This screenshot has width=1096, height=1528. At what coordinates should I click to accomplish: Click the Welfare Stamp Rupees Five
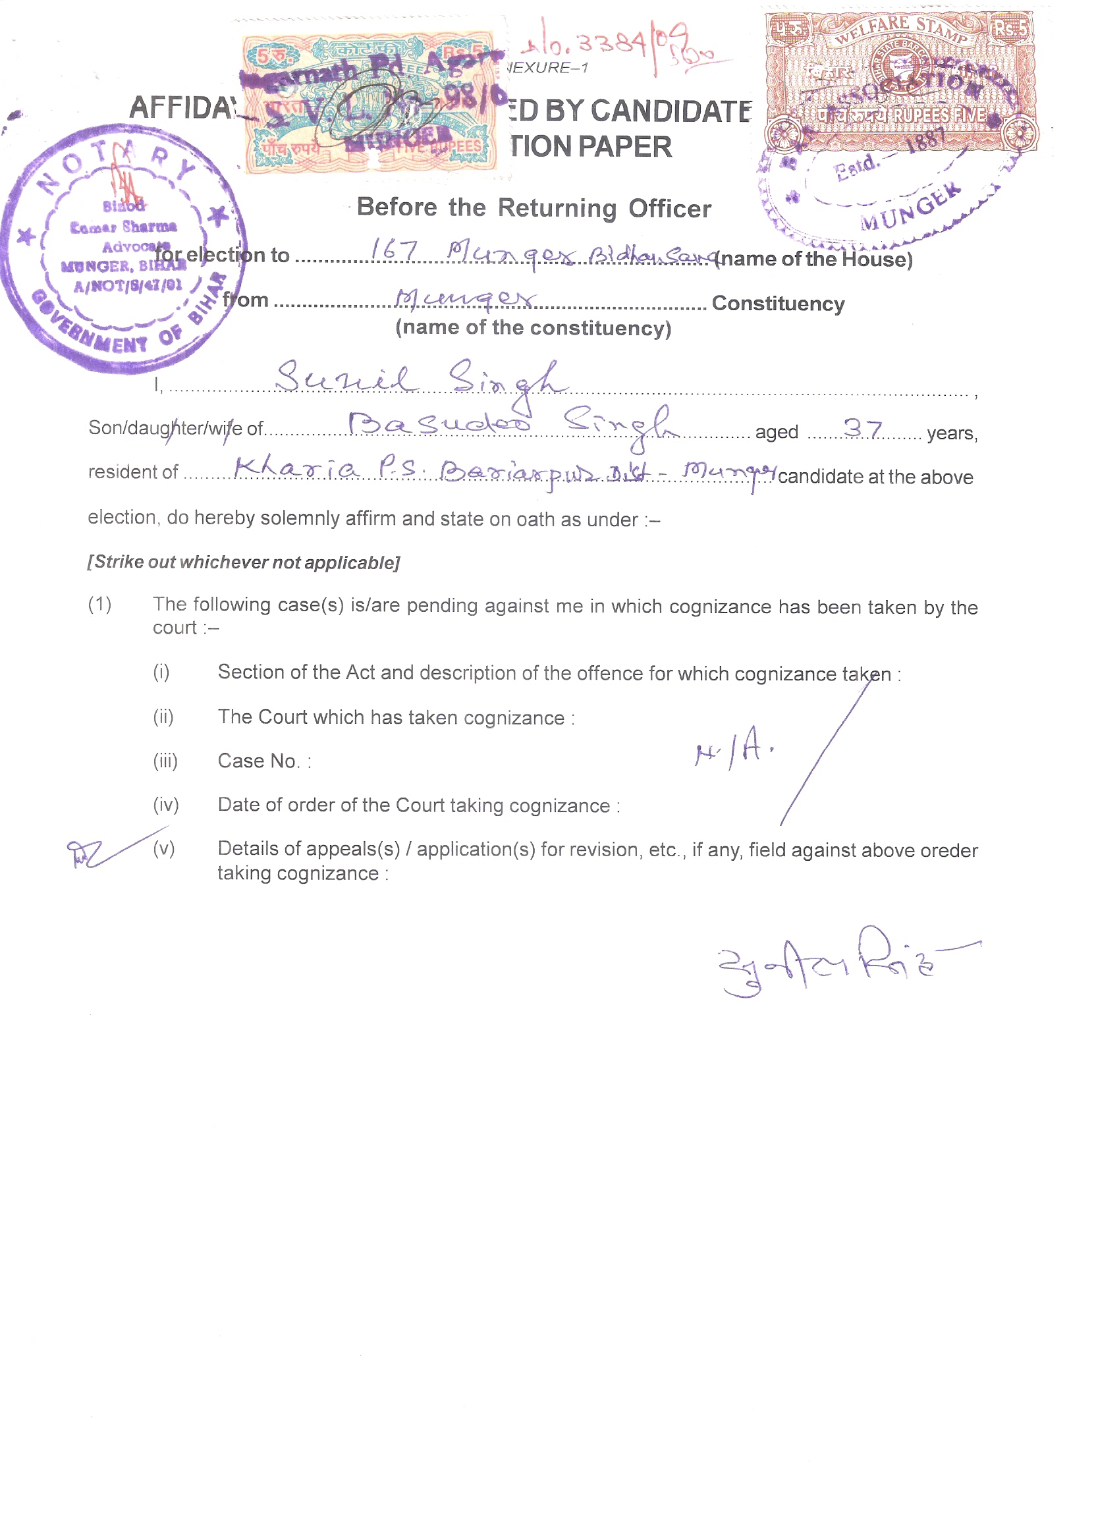click(898, 81)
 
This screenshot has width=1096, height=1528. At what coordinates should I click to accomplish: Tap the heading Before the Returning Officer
click(533, 207)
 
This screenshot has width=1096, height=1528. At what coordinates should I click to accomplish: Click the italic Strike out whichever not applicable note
click(243, 562)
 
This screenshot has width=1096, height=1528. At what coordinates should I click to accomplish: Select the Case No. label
click(263, 761)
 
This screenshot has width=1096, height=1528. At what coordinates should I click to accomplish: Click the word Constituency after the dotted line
click(777, 303)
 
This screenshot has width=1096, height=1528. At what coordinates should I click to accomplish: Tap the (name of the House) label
click(813, 259)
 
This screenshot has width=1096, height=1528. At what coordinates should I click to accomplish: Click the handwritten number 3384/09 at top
click(613, 45)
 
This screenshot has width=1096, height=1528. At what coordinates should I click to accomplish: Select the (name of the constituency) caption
click(533, 328)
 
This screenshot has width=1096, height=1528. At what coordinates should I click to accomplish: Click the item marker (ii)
click(163, 717)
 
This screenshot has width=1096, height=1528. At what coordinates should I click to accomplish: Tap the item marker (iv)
click(166, 804)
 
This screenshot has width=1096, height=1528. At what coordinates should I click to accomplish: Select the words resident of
click(132, 472)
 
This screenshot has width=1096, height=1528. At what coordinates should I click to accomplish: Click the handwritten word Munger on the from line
click(465, 298)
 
